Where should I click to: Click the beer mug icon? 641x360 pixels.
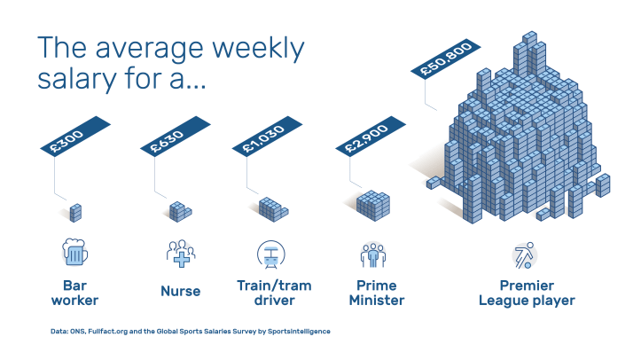pos(75,253)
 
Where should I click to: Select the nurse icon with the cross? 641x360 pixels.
pos(180,253)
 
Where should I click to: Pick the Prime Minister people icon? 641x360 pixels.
pos(373,254)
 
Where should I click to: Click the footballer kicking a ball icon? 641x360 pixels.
pos(524,254)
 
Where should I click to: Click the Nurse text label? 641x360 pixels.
pos(180,291)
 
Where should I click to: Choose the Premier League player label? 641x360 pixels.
pos(526,293)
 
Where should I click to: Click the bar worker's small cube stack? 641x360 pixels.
pos(76,213)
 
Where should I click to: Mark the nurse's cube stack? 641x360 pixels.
pos(180,211)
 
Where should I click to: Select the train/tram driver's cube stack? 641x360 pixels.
pos(273,209)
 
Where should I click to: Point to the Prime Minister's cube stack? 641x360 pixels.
pos(373,205)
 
